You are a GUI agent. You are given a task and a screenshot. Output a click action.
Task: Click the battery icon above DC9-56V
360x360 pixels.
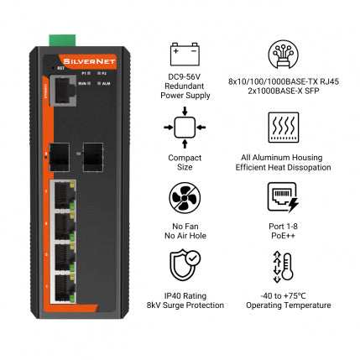click(x=185, y=55)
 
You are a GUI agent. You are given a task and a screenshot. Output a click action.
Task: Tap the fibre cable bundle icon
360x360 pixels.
click(x=283, y=55)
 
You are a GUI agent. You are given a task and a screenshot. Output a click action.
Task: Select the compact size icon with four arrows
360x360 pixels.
click(x=185, y=127)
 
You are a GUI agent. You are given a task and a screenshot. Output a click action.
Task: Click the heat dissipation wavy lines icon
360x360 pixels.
click(x=283, y=127)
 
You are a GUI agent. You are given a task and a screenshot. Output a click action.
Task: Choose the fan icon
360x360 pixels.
click(x=185, y=198)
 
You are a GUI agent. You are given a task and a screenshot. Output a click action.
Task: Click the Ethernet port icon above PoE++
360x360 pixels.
click(x=283, y=198)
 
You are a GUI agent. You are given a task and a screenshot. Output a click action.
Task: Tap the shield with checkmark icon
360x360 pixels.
click(x=185, y=268)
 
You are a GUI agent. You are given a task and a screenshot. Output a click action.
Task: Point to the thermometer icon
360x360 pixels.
click(x=283, y=268)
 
